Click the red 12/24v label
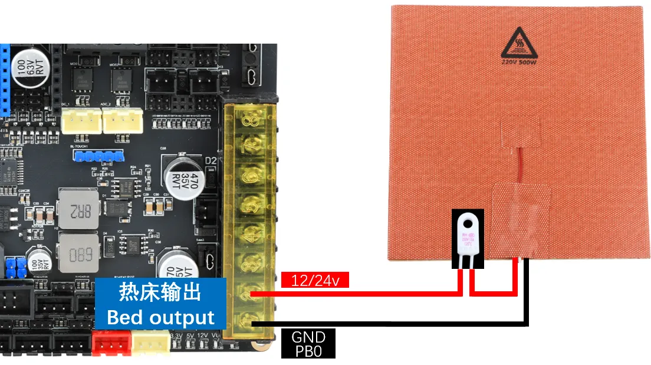pyautogui.click(x=315, y=279)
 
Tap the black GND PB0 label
pyautogui.click(x=308, y=344)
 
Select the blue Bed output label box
pyautogui.click(x=160, y=304)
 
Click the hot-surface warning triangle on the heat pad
pyautogui.click(x=517, y=42)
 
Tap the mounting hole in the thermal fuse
pyautogui.click(x=470, y=223)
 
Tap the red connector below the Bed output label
pyautogui.click(x=111, y=342)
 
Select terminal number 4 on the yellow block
pyautogui.click(x=252, y=234)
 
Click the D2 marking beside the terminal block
pyautogui.click(x=211, y=160)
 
